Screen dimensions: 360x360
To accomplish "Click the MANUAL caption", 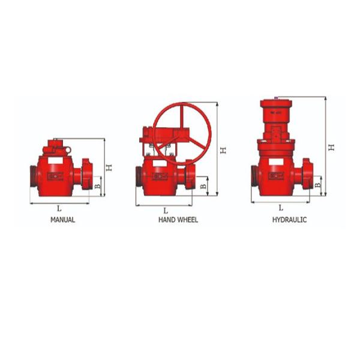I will click(62, 220).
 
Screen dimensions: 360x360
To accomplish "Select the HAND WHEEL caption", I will click(178, 220).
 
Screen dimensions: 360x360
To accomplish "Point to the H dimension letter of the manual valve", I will click(109, 167).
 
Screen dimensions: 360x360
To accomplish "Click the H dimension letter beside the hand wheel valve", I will click(223, 150).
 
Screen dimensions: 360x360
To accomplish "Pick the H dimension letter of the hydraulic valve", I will click(331, 146).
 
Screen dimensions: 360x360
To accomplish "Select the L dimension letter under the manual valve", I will click(58, 208).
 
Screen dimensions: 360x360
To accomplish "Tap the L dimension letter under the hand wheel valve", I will click(166, 210).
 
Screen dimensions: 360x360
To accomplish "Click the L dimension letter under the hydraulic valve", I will click(281, 207).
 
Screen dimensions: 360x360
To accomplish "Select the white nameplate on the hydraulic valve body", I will click(277, 176).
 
